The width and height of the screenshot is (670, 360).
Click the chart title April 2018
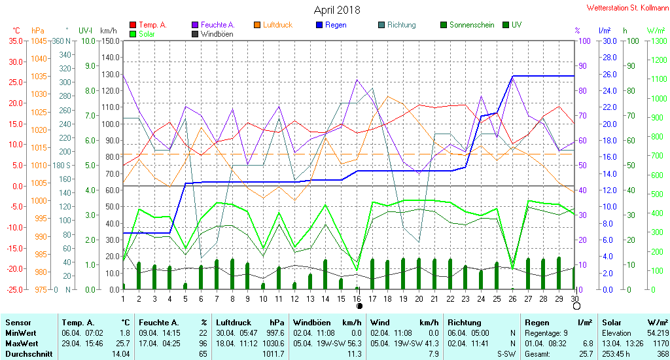(x=337, y=10)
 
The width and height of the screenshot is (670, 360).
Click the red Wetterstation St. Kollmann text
(x=627, y=8)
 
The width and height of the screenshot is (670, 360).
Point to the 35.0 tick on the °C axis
(x=16, y=41)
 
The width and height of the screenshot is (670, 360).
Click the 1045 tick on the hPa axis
(x=39, y=41)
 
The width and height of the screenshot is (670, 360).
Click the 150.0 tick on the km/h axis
(x=110, y=41)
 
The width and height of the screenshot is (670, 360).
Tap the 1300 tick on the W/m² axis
(x=658, y=41)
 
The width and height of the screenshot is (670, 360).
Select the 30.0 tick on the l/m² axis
(x=610, y=41)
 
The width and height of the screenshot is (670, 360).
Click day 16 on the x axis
(x=357, y=299)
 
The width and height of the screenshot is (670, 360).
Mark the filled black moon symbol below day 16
(x=359, y=306)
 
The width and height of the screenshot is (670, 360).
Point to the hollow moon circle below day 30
(x=577, y=306)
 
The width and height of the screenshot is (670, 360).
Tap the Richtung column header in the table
(x=465, y=323)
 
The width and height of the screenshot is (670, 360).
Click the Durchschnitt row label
(x=29, y=354)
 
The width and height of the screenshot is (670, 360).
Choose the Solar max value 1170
(x=661, y=344)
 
